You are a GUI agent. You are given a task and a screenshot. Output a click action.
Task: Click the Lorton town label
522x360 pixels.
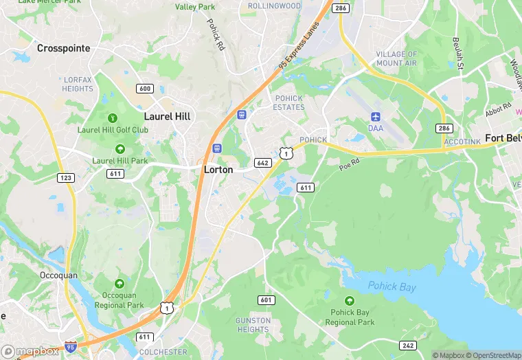218,169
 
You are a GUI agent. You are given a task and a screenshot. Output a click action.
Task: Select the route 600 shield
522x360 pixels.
145,88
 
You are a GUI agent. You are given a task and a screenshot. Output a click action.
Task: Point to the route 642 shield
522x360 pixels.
262,163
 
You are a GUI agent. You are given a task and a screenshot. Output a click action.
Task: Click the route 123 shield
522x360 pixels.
66,178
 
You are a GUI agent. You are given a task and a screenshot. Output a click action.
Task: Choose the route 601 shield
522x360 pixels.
266,300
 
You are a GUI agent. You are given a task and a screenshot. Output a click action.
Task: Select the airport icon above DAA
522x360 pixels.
376,116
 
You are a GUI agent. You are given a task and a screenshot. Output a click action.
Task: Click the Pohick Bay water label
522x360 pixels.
391,286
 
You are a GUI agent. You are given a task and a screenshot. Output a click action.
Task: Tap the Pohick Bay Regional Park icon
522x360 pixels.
350,300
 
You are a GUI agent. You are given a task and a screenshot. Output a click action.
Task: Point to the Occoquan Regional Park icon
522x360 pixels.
120,283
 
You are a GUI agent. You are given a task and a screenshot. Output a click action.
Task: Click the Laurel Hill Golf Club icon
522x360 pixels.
112,117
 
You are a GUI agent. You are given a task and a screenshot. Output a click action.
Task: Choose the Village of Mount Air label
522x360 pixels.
396,58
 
